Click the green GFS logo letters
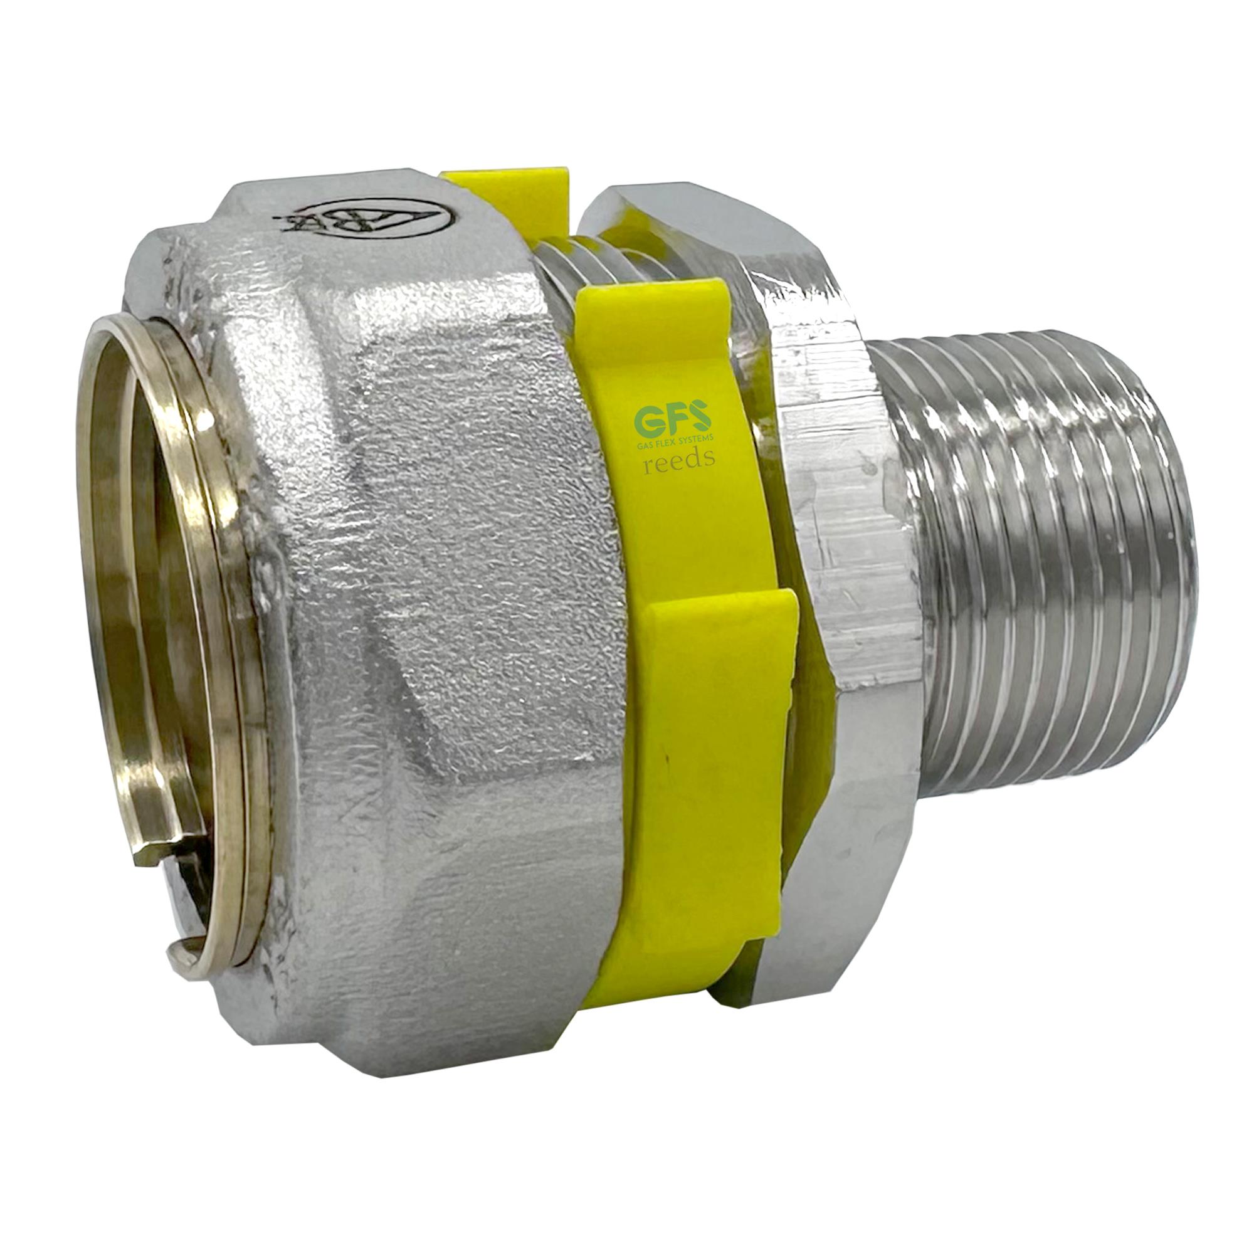point(672,421)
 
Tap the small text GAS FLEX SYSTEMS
point(676,440)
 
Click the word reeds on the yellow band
point(678,458)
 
